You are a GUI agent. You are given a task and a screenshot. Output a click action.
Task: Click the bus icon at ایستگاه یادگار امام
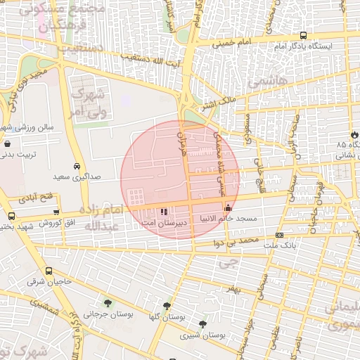coord(303,35)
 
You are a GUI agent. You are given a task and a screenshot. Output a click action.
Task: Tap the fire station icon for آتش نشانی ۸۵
coord(354,134)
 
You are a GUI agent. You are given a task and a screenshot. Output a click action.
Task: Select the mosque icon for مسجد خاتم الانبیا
coord(227,208)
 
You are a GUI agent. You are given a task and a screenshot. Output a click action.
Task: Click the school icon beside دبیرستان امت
coord(164,212)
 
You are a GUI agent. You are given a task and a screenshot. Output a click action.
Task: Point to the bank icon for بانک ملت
coord(280,235)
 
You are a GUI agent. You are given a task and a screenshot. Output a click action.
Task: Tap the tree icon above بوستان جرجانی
coord(108,303)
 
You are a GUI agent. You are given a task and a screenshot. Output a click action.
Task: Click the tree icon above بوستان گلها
coord(167,306)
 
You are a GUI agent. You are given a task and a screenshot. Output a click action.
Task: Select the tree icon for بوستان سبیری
coord(203,324)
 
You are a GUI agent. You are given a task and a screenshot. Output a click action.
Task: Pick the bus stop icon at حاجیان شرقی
coord(49,271)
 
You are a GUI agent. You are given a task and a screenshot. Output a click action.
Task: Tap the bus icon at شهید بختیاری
coord(11,216)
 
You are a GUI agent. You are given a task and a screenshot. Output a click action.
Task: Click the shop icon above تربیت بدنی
coord(7,143)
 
